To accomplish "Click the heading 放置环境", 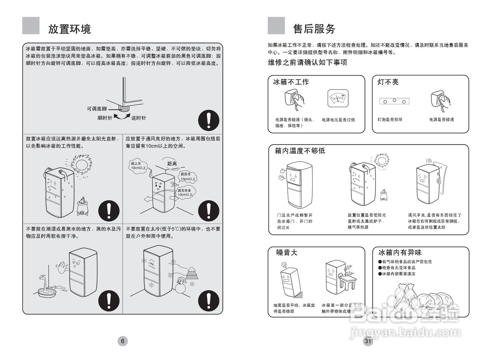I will [x=69, y=29].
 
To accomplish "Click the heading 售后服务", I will [x=314, y=29].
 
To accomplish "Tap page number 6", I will [x=122, y=341].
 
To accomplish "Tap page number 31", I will [x=368, y=341].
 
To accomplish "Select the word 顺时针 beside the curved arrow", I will [x=104, y=118].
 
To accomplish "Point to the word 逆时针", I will [x=138, y=118].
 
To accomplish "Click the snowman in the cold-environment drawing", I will [x=181, y=286].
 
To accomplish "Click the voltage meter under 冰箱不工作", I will [x=338, y=98].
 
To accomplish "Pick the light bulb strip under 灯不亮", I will [x=394, y=101].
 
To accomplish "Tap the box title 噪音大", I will [x=287, y=252].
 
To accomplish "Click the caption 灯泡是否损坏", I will [x=390, y=120].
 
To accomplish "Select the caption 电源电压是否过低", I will [x=338, y=120].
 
